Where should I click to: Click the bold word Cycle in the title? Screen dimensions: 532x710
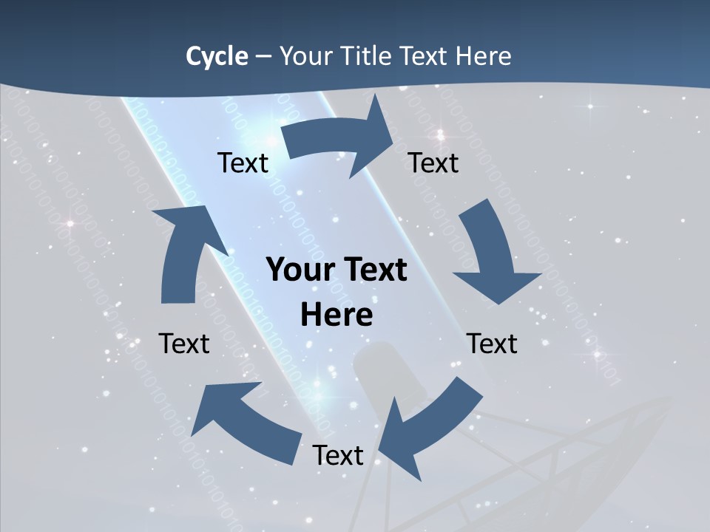217,56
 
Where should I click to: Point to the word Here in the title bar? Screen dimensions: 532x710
482,56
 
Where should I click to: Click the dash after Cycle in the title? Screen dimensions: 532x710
263,57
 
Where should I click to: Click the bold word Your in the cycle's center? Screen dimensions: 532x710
300,270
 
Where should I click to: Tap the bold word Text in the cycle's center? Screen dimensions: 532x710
376,270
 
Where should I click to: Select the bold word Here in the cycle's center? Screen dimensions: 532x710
337,315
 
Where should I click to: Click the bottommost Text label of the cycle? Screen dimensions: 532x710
338,455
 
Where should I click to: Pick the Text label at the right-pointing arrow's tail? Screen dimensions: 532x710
243,163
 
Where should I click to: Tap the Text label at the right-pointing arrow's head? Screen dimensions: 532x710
433,163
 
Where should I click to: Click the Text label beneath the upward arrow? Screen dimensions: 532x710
184,344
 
